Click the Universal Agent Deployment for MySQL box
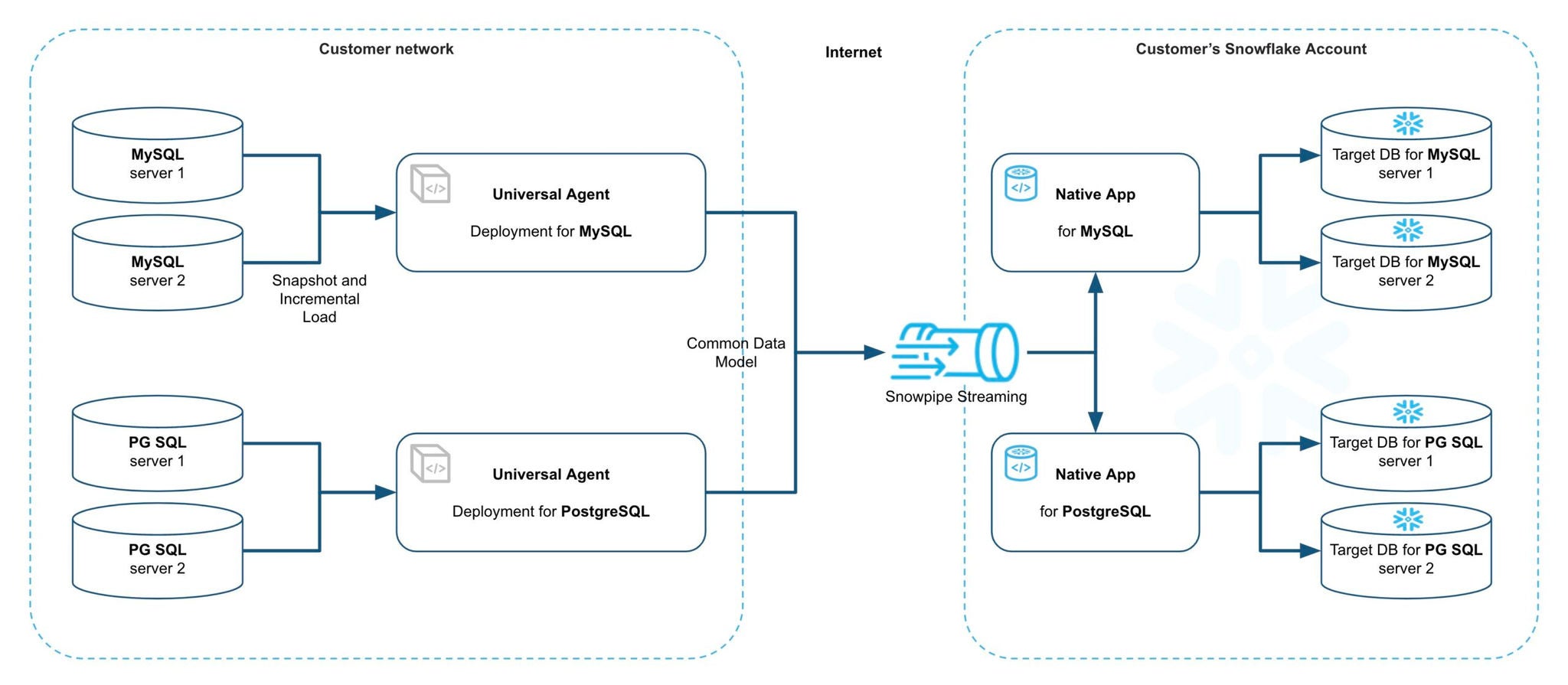(x=550, y=213)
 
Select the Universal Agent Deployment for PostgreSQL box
(x=550, y=492)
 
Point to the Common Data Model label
(x=736, y=352)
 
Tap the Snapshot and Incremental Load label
(x=319, y=298)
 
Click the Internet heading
(x=853, y=52)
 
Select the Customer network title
(x=386, y=49)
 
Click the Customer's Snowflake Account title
(x=1250, y=49)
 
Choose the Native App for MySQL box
(x=1095, y=213)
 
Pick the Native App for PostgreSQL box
(x=1095, y=492)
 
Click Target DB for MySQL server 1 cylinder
(x=1406, y=161)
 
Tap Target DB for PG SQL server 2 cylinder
(x=1406, y=556)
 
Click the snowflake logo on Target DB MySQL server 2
(x=1407, y=230)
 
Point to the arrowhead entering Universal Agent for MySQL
(x=385, y=213)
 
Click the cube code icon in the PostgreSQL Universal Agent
(x=430, y=464)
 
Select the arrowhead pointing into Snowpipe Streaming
(x=874, y=352)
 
